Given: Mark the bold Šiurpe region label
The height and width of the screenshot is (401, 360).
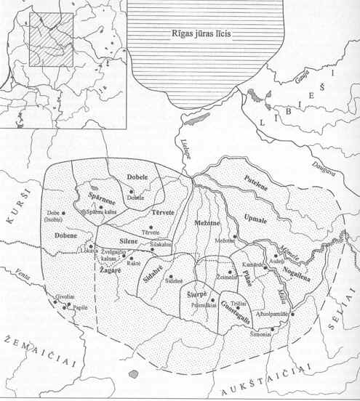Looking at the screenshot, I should pyautogui.click(x=199, y=293).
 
